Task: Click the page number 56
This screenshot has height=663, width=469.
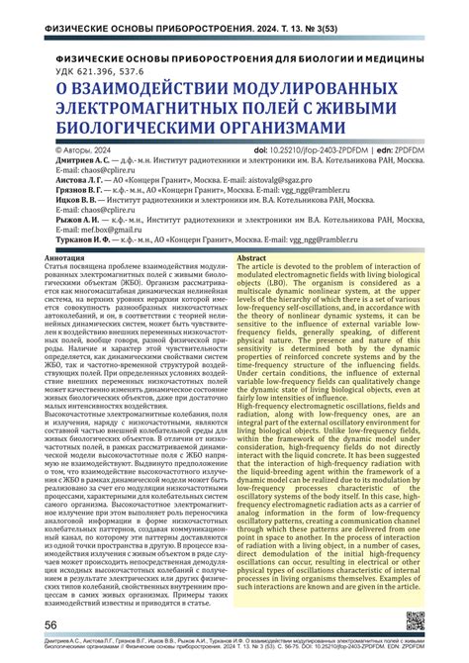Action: pos(48,625)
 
